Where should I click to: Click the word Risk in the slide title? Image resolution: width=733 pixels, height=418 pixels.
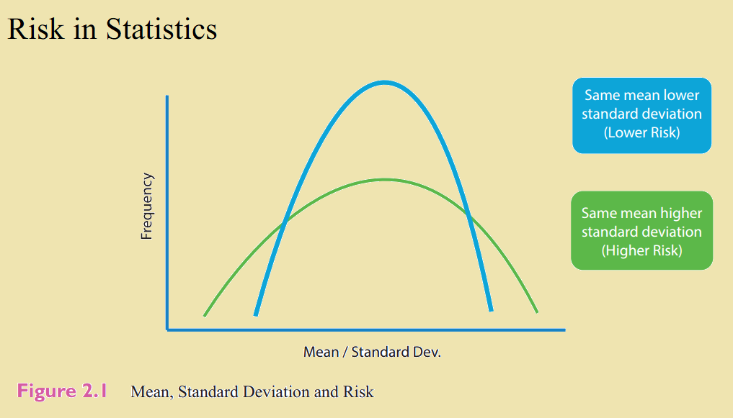tap(35, 29)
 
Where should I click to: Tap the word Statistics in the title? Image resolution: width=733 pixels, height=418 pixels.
tap(161, 29)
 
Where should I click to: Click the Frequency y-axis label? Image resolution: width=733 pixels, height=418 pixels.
tap(147, 206)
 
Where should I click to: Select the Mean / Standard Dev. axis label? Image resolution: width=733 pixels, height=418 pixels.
tap(372, 352)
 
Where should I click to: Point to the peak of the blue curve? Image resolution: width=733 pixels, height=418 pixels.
tap(383, 83)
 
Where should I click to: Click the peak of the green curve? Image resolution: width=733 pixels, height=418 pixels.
tap(383, 180)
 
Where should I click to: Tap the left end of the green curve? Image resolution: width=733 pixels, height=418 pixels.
tap(205, 316)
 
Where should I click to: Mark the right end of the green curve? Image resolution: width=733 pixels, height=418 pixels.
tap(537, 312)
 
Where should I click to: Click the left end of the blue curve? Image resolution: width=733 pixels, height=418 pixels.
tap(256, 315)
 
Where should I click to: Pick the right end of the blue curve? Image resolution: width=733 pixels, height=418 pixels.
tap(491, 310)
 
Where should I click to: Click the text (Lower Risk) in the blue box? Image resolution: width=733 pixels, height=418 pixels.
tap(642, 132)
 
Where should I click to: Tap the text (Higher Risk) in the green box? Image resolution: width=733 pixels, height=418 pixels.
tap(642, 250)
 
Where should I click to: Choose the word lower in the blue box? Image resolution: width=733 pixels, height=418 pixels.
tap(682, 95)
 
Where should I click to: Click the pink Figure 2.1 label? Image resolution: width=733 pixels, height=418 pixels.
tap(62, 391)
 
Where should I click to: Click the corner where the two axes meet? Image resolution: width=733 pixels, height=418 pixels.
tap(167, 330)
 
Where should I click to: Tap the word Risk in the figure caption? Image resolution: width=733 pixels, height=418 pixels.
tap(358, 392)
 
